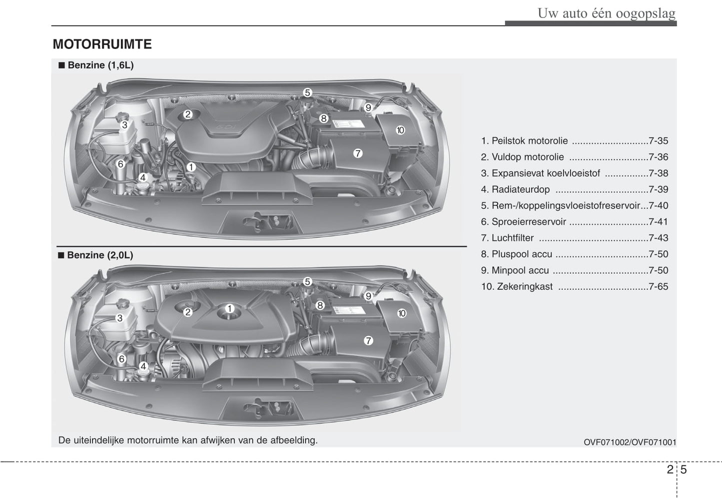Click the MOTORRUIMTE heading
tap(102, 44)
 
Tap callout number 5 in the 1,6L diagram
tap(307, 92)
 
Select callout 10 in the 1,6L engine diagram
tap(400, 130)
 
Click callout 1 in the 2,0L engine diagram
tap(229, 308)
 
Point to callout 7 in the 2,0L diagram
tap(368, 340)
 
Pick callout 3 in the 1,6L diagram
tap(124, 125)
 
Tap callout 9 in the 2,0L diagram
tap(368, 296)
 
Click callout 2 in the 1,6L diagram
tap(188, 114)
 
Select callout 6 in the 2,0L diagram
tap(121, 359)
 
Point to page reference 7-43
tap(658, 238)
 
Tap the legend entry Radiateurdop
tap(520, 189)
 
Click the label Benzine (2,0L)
tap(100, 255)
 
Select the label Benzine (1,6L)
tap(100, 65)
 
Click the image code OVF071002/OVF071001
tap(630, 442)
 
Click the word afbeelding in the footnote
tap(293, 440)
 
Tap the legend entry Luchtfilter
tap(512, 238)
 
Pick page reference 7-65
tap(658, 286)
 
